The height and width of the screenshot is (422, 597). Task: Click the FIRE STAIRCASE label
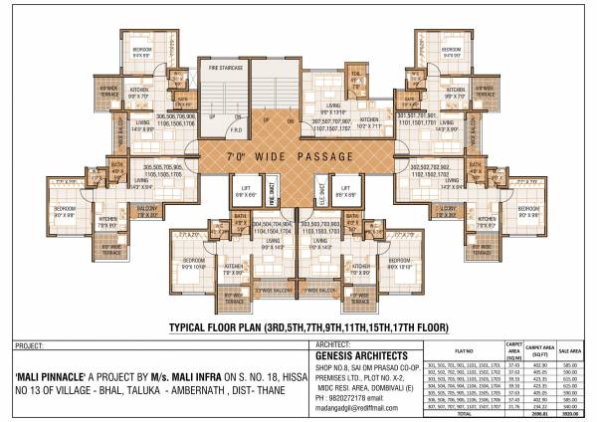tap(227, 67)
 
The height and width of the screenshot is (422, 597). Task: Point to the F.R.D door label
tap(236, 129)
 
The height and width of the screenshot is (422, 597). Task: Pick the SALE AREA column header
tap(569, 351)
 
